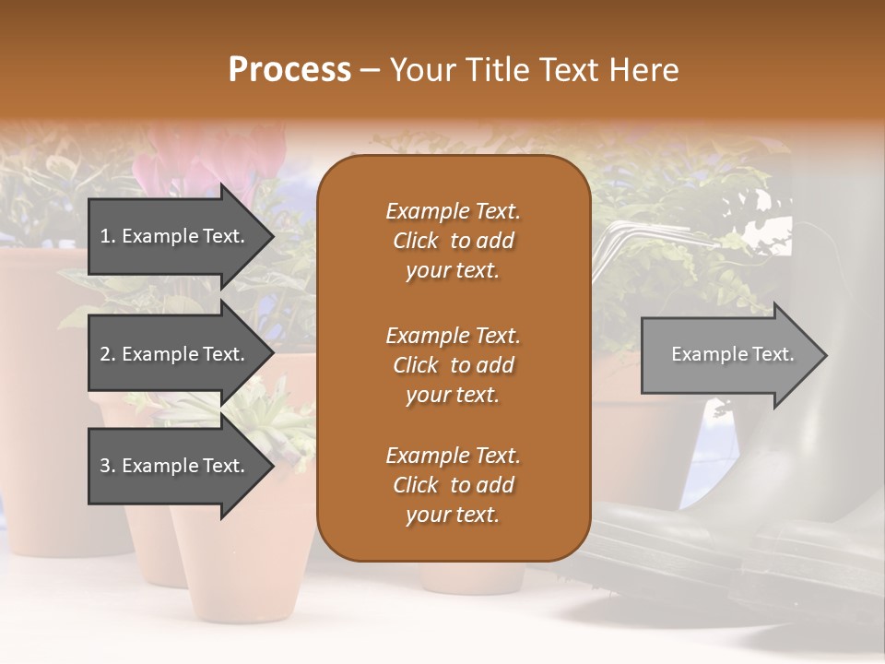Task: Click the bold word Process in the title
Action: [289, 70]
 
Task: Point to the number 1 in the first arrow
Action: [105, 236]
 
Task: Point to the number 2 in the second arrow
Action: [105, 354]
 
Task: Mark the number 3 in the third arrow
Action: [105, 466]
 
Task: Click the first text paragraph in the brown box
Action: [453, 241]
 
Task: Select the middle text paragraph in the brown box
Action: [453, 364]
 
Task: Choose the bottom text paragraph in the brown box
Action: [453, 485]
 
